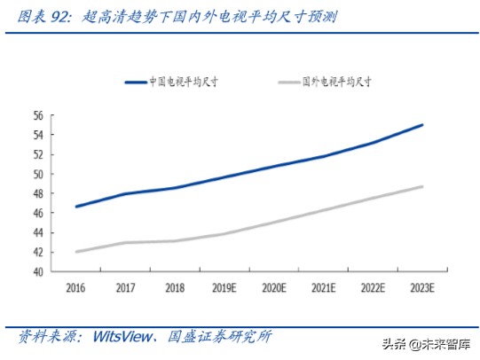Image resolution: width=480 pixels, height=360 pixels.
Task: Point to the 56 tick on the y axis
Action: point(38,115)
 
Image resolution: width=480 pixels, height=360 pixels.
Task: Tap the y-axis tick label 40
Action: point(38,272)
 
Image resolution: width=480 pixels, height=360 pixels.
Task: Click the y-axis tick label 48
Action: point(38,194)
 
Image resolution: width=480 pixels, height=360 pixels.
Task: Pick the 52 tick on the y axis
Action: point(38,154)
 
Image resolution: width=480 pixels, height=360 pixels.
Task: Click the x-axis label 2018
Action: point(174,287)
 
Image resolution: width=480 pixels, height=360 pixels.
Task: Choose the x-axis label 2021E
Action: point(324,287)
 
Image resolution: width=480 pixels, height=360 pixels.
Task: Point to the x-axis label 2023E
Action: point(422,287)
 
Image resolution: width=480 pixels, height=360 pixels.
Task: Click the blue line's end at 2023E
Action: point(422,125)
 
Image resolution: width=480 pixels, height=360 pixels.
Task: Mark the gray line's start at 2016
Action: point(76,252)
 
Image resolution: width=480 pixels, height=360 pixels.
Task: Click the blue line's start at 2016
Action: point(76,207)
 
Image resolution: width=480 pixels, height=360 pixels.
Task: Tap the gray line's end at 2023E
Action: point(422,186)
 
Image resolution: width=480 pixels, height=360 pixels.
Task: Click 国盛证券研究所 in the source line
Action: point(219,337)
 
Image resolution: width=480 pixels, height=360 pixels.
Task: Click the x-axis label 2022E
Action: point(373,287)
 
